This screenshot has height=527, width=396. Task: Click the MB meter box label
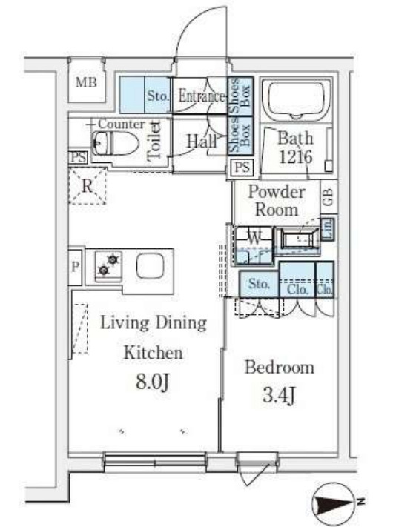(x=86, y=82)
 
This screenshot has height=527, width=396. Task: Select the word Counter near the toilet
(x=122, y=124)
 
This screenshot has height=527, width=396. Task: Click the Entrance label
(x=202, y=96)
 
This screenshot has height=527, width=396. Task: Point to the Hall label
(x=202, y=141)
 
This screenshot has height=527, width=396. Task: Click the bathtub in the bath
(x=296, y=99)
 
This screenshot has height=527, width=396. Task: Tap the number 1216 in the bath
(x=295, y=156)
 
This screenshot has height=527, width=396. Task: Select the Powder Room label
(x=277, y=201)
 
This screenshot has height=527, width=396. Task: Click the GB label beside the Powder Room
(x=329, y=196)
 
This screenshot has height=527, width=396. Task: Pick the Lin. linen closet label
(x=328, y=229)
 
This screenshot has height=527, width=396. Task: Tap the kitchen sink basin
(x=150, y=265)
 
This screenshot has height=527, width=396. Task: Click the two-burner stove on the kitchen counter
(x=108, y=265)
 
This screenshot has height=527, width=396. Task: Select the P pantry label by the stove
(x=76, y=267)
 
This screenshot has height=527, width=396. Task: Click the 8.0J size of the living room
(x=151, y=382)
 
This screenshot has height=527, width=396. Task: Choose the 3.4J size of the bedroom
(x=279, y=396)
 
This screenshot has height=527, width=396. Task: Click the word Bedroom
(x=280, y=367)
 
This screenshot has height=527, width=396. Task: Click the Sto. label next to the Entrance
(x=158, y=96)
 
